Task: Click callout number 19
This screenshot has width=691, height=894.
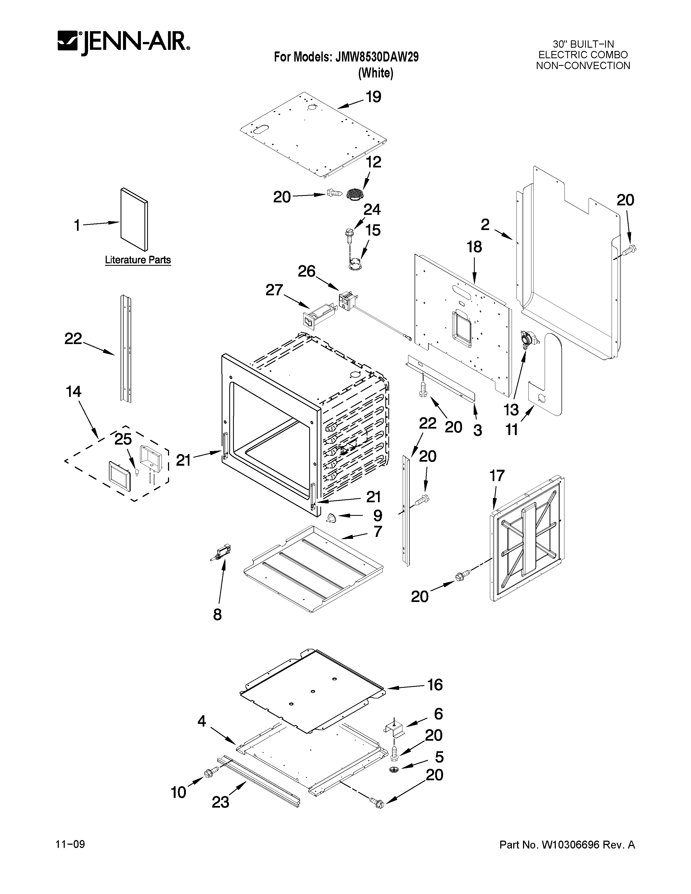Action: coord(373,97)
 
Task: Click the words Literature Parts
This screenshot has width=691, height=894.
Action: coord(138,260)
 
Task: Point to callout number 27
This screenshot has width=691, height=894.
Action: coord(274,290)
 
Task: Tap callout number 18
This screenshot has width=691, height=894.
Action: coord(474,247)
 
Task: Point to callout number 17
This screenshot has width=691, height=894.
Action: coord(497,476)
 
